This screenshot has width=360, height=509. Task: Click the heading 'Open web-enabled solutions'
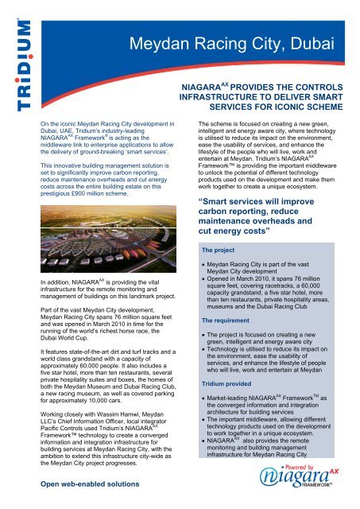(92, 484)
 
